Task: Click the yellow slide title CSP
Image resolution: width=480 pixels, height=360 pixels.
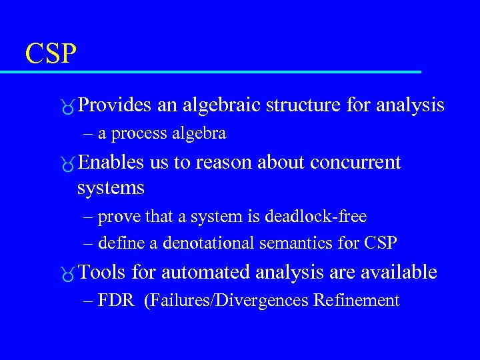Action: pos(51,53)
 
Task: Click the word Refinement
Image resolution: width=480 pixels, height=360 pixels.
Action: pos(356,301)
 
